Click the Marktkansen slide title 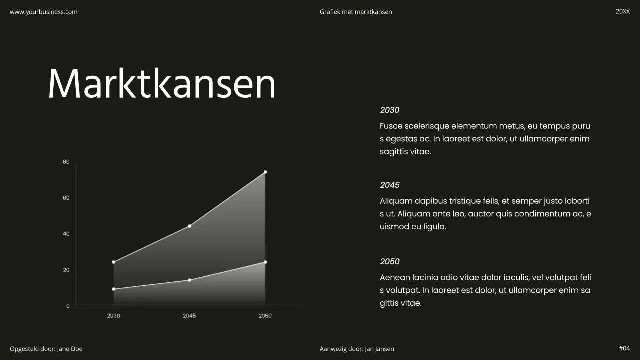(x=162, y=84)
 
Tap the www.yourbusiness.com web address (x=44, y=12)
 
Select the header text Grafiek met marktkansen (x=356, y=12)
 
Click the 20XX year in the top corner (x=623, y=11)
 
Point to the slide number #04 (x=624, y=348)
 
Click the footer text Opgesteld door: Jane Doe (x=46, y=349)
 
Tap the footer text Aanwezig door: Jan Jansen (x=357, y=349)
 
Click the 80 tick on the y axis (x=66, y=162)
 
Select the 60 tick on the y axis (x=66, y=198)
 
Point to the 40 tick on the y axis (x=66, y=234)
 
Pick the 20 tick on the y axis (x=66, y=270)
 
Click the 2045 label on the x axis (x=189, y=316)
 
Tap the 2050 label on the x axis (x=265, y=316)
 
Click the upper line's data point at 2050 (x=265, y=172)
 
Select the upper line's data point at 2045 (x=189, y=226)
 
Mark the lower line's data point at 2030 (x=114, y=289)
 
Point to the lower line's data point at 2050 (x=265, y=262)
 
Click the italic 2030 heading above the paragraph (x=390, y=110)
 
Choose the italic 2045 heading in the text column (x=390, y=185)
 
